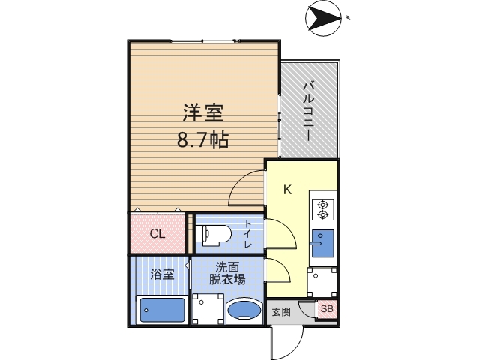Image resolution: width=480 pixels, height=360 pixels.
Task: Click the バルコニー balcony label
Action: tap(308, 109)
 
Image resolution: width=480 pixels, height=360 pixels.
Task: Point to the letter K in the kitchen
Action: tap(286, 190)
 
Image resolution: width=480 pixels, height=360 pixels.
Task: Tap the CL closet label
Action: tap(157, 233)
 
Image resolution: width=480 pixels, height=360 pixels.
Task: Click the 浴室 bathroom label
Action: tap(163, 274)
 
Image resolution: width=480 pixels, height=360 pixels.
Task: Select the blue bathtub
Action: tap(162, 310)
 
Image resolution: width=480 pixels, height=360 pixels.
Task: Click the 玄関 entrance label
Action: tap(280, 311)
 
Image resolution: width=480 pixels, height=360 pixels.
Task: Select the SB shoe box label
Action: tap(327, 308)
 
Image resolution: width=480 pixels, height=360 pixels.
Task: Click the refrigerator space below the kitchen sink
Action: tap(323, 282)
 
